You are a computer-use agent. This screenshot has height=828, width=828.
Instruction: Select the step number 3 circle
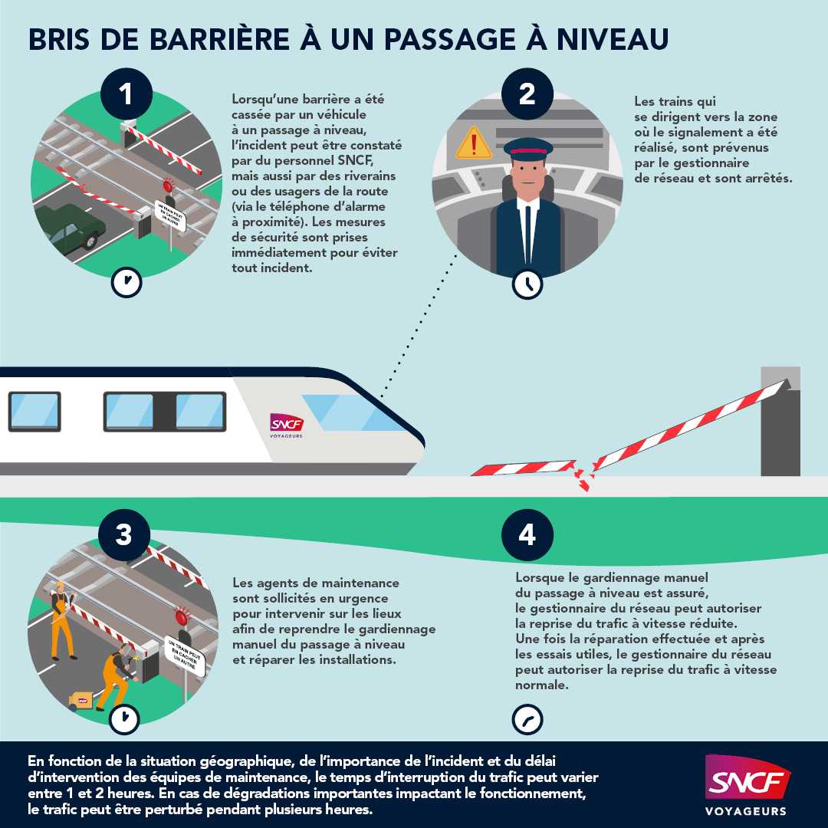click(x=123, y=534)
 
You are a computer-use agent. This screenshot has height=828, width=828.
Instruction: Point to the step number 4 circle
click(x=527, y=534)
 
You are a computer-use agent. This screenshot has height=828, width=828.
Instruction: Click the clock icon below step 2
click(x=527, y=284)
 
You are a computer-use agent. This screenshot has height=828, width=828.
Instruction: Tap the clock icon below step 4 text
click(x=527, y=720)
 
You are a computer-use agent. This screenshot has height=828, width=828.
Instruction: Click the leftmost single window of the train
click(x=34, y=412)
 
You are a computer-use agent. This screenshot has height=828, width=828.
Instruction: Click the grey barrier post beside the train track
click(x=780, y=429)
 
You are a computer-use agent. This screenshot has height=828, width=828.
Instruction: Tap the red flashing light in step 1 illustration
click(x=169, y=186)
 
